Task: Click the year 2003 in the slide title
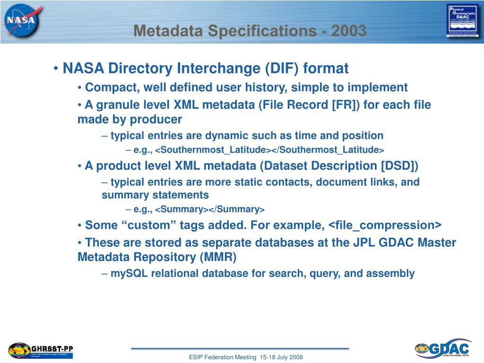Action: (x=349, y=31)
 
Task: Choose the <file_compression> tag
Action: (x=385, y=225)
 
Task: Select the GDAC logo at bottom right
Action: (x=443, y=349)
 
